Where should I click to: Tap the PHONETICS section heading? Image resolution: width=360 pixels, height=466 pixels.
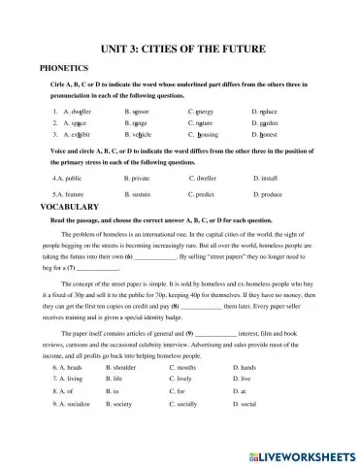(x=63, y=68)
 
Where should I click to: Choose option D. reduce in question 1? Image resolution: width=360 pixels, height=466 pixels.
(x=267, y=112)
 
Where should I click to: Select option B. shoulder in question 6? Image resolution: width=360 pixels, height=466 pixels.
(x=145, y=396)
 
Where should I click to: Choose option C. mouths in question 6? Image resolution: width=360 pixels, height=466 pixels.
(x=206, y=396)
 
